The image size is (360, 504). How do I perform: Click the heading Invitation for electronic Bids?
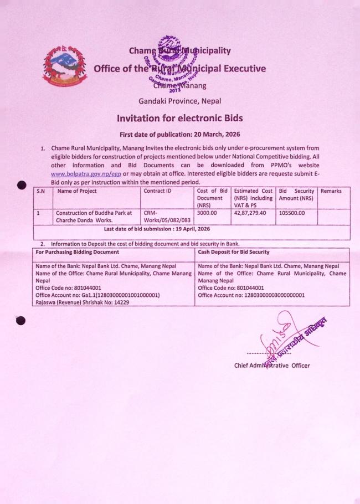coord(179,118)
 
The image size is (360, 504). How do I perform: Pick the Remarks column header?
coord(331,192)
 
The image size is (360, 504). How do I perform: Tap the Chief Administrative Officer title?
coord(272,366)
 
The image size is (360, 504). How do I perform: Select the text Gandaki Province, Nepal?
coord(179,100)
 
